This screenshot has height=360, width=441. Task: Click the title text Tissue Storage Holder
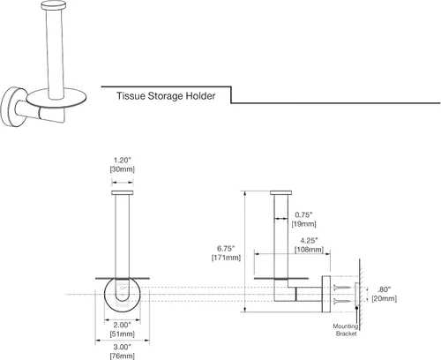pyautogui.click(x=166, y=96)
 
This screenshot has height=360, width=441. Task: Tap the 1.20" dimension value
pyautogui.click(x=123, y=161)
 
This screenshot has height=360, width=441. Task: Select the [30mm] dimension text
pyautogui.click(x=123, y=169)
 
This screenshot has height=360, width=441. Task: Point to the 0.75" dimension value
pyautogui.click(x=303, y=214)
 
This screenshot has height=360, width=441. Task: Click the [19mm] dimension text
pyautogui.click(x=303, y=224)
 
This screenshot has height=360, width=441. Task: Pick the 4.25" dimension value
pyautogui.click(x=309, y=241)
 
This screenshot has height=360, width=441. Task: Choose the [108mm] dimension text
pyautogui.click(x=309, y=250)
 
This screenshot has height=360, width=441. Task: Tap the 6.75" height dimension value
pyautogui.click(x=226, y=249)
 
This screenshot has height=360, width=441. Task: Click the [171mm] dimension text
pyautogui.click(x=226, y=258)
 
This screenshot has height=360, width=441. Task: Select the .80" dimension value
pyautogui.click(x=385, y=289)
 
